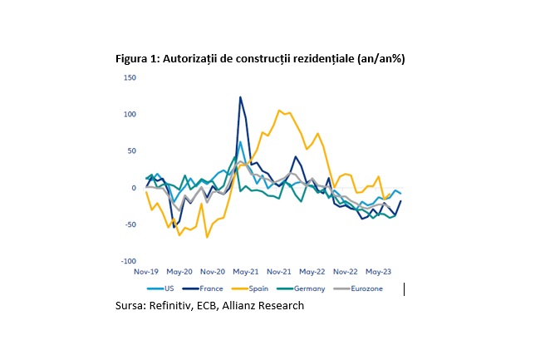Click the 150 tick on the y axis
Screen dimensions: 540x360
130,77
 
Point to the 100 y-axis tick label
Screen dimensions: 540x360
130,115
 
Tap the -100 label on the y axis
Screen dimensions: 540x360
129,261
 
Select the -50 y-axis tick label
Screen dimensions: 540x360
130,224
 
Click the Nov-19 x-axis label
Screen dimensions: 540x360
146,272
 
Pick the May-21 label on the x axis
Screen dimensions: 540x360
246,272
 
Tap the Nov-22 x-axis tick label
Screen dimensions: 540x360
345,272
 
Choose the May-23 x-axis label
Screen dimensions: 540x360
379,272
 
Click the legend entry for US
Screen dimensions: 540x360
160,288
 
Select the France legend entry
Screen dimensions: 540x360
203,288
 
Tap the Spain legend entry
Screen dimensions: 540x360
250,288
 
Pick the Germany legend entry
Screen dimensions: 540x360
301,288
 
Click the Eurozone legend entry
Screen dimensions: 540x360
358,288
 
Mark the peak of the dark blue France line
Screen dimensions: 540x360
240,97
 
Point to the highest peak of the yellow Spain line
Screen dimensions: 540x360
278,111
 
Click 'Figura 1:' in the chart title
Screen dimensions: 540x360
138,59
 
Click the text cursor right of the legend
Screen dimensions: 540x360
404,289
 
